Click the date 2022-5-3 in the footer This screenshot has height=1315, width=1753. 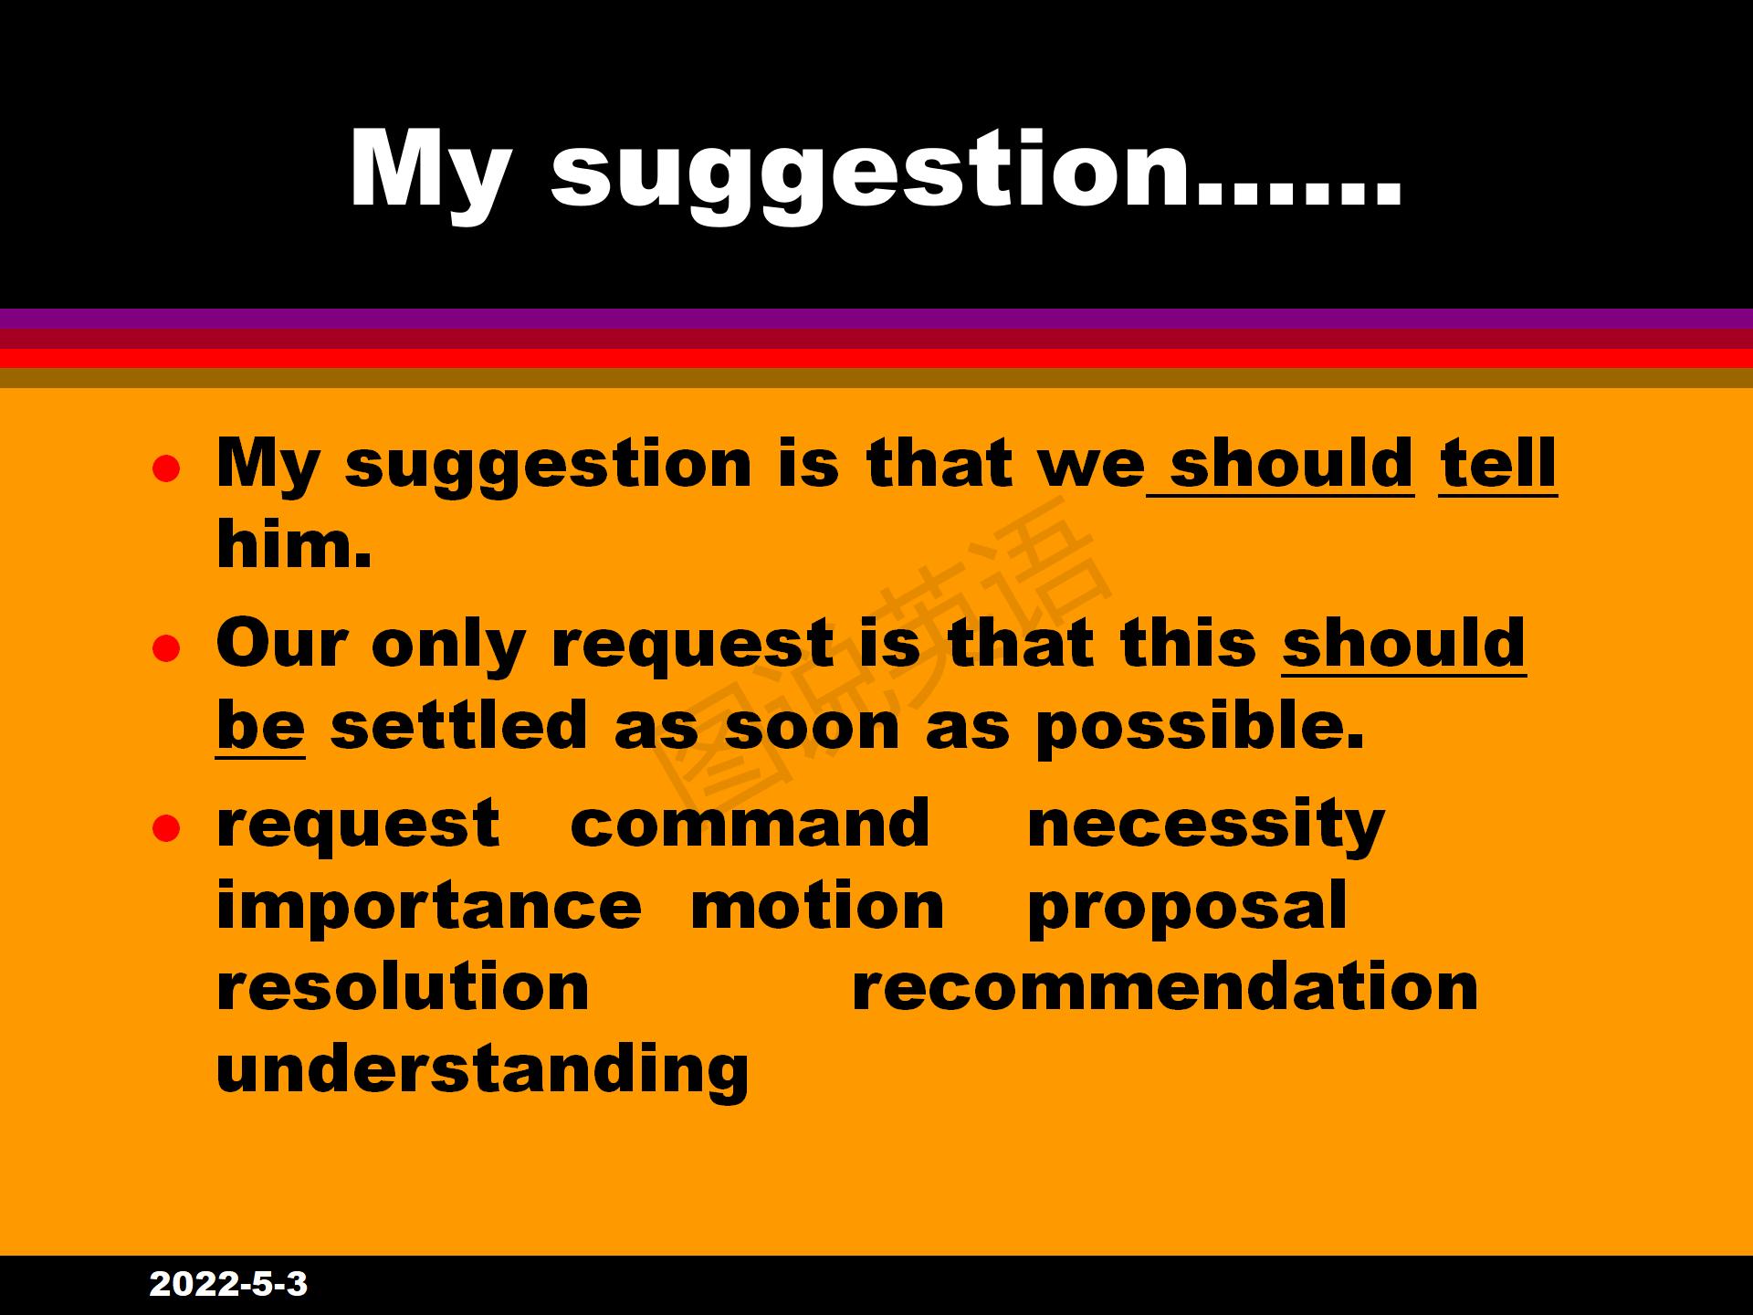tap(228, 1284)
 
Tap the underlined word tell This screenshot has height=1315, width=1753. tap(1498, 463)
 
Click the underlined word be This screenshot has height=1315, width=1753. tap(260, 725)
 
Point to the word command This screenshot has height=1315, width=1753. tap(750, 823)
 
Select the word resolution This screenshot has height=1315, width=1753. tap(403, 986)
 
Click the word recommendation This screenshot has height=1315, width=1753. tap(1164, 986)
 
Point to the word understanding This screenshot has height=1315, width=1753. tap(483, 1070)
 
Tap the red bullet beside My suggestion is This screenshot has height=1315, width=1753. tap(165, 468)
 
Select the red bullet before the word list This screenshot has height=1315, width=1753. tap(165, 829)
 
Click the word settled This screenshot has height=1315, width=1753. tap(458, 725)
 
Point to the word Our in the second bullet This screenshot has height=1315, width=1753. tap(282, 643)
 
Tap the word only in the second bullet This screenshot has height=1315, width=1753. tap(448, 647)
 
